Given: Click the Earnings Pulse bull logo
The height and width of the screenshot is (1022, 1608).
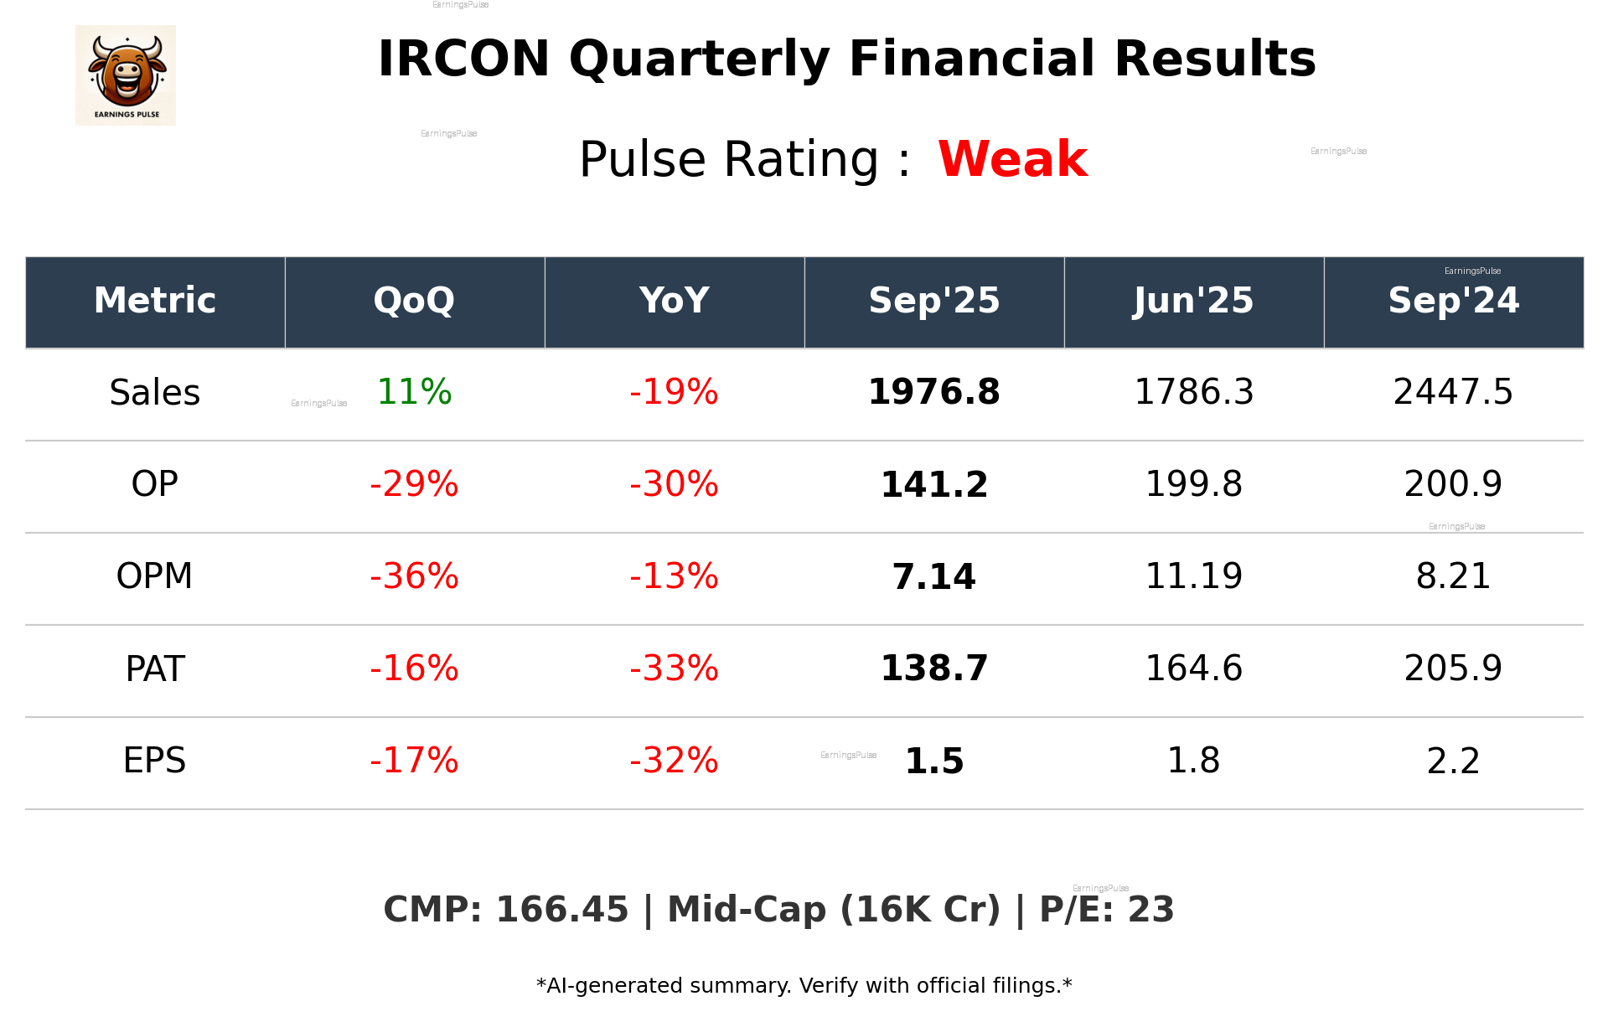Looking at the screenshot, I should [126, 75].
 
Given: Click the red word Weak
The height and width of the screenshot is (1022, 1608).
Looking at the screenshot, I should [1012, 159].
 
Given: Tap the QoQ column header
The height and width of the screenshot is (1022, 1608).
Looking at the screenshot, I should [414, 301].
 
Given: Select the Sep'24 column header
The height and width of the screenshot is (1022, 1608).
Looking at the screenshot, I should [1453, 301].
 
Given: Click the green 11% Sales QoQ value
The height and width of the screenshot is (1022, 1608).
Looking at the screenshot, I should [414, 392].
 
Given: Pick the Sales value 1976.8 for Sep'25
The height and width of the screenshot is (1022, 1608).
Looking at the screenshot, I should [933, 392].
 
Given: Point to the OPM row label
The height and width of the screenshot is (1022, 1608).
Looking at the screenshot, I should [154, 576].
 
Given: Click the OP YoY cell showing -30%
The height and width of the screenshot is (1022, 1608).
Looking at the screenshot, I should [674, 484].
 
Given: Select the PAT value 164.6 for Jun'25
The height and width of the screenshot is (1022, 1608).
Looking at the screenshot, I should [1193, 668].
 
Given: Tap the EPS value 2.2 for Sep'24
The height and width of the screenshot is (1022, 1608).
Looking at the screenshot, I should [1453, 761].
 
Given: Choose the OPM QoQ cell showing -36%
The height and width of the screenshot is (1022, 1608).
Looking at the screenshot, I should [414, 576].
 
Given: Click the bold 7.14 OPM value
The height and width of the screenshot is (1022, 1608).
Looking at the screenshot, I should [933, 576].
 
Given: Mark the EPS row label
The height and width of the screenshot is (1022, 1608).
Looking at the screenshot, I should [154, 761].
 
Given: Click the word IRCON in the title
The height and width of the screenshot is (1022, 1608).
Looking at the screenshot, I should [463, 59].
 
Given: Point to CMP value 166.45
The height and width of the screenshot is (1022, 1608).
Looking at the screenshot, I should [561, 910].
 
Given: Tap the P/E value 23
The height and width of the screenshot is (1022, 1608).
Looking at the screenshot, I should [1150, 910].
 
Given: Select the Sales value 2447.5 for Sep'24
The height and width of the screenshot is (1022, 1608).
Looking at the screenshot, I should [1453, 392].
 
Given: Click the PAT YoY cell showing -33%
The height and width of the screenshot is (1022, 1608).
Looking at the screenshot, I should [674, 668].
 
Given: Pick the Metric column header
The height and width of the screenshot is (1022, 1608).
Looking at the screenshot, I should [154, 301].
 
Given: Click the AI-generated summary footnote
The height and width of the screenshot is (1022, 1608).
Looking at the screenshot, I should [804, 986].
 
